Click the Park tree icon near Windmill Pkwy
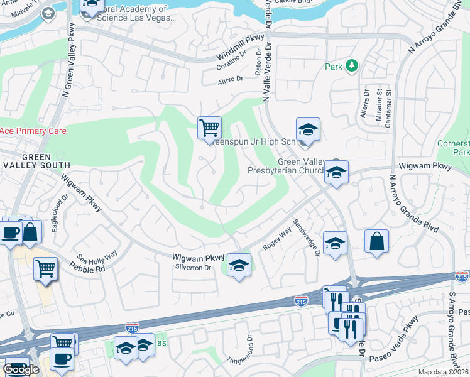352,65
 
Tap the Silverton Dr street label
193,268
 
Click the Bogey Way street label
277,240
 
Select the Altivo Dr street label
230,80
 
